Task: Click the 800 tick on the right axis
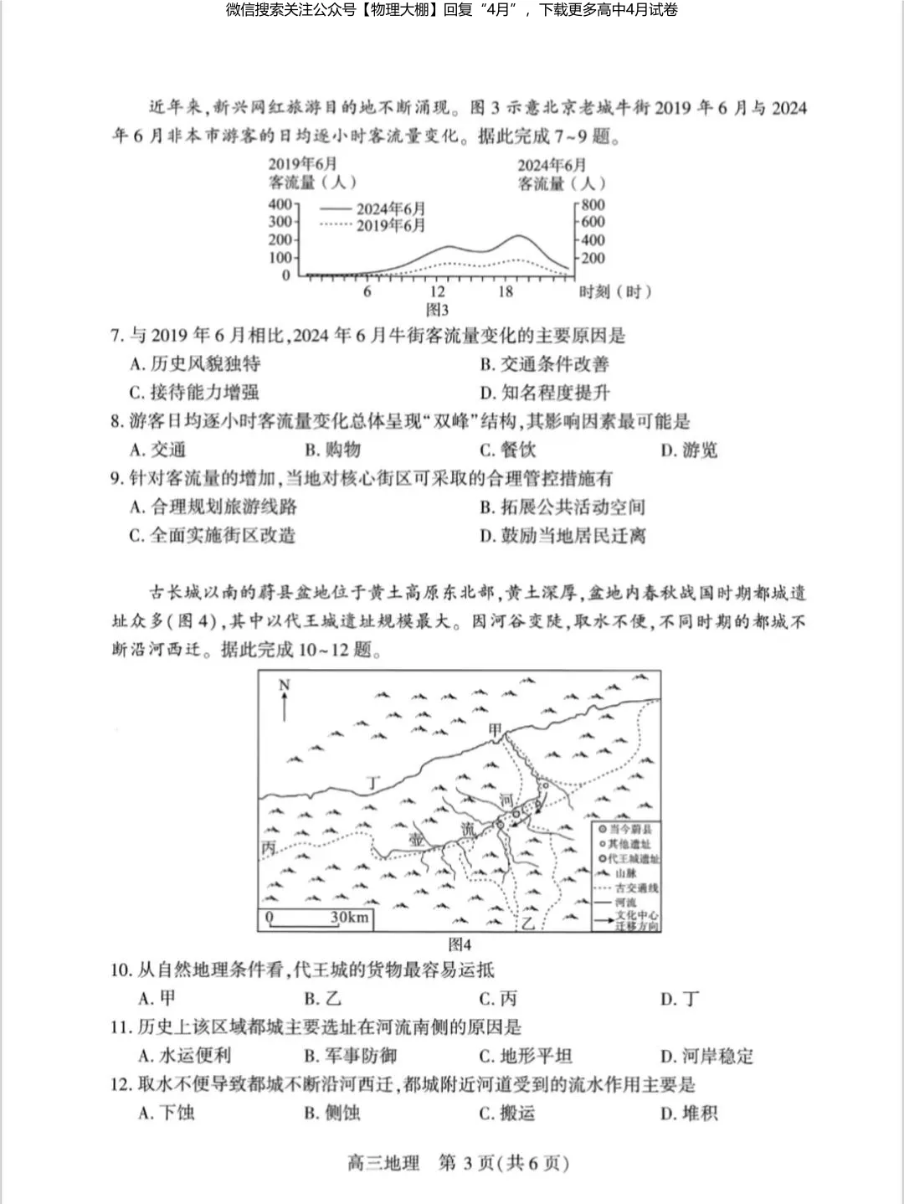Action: click(593, 204)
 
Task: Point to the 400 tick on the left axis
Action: click(280, 204)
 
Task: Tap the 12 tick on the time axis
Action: click(438, 291)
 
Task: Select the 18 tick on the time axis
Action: click(506, 291)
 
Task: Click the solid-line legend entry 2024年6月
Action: click(390, 208)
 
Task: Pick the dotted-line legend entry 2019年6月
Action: click(390, 225)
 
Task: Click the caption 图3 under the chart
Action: click(437, 310)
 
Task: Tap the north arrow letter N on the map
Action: click(284, 686)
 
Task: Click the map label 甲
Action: click(496, 731)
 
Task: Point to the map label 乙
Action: click(528, 924)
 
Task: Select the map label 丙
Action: click(269, 848)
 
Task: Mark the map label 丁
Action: click(373, 784)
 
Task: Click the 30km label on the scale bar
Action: click(349, 918)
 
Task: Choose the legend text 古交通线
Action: click(636, 888)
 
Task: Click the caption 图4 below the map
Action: click(460, 944)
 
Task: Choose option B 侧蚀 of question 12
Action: click(332, 1113)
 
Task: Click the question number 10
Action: click(121, 970)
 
